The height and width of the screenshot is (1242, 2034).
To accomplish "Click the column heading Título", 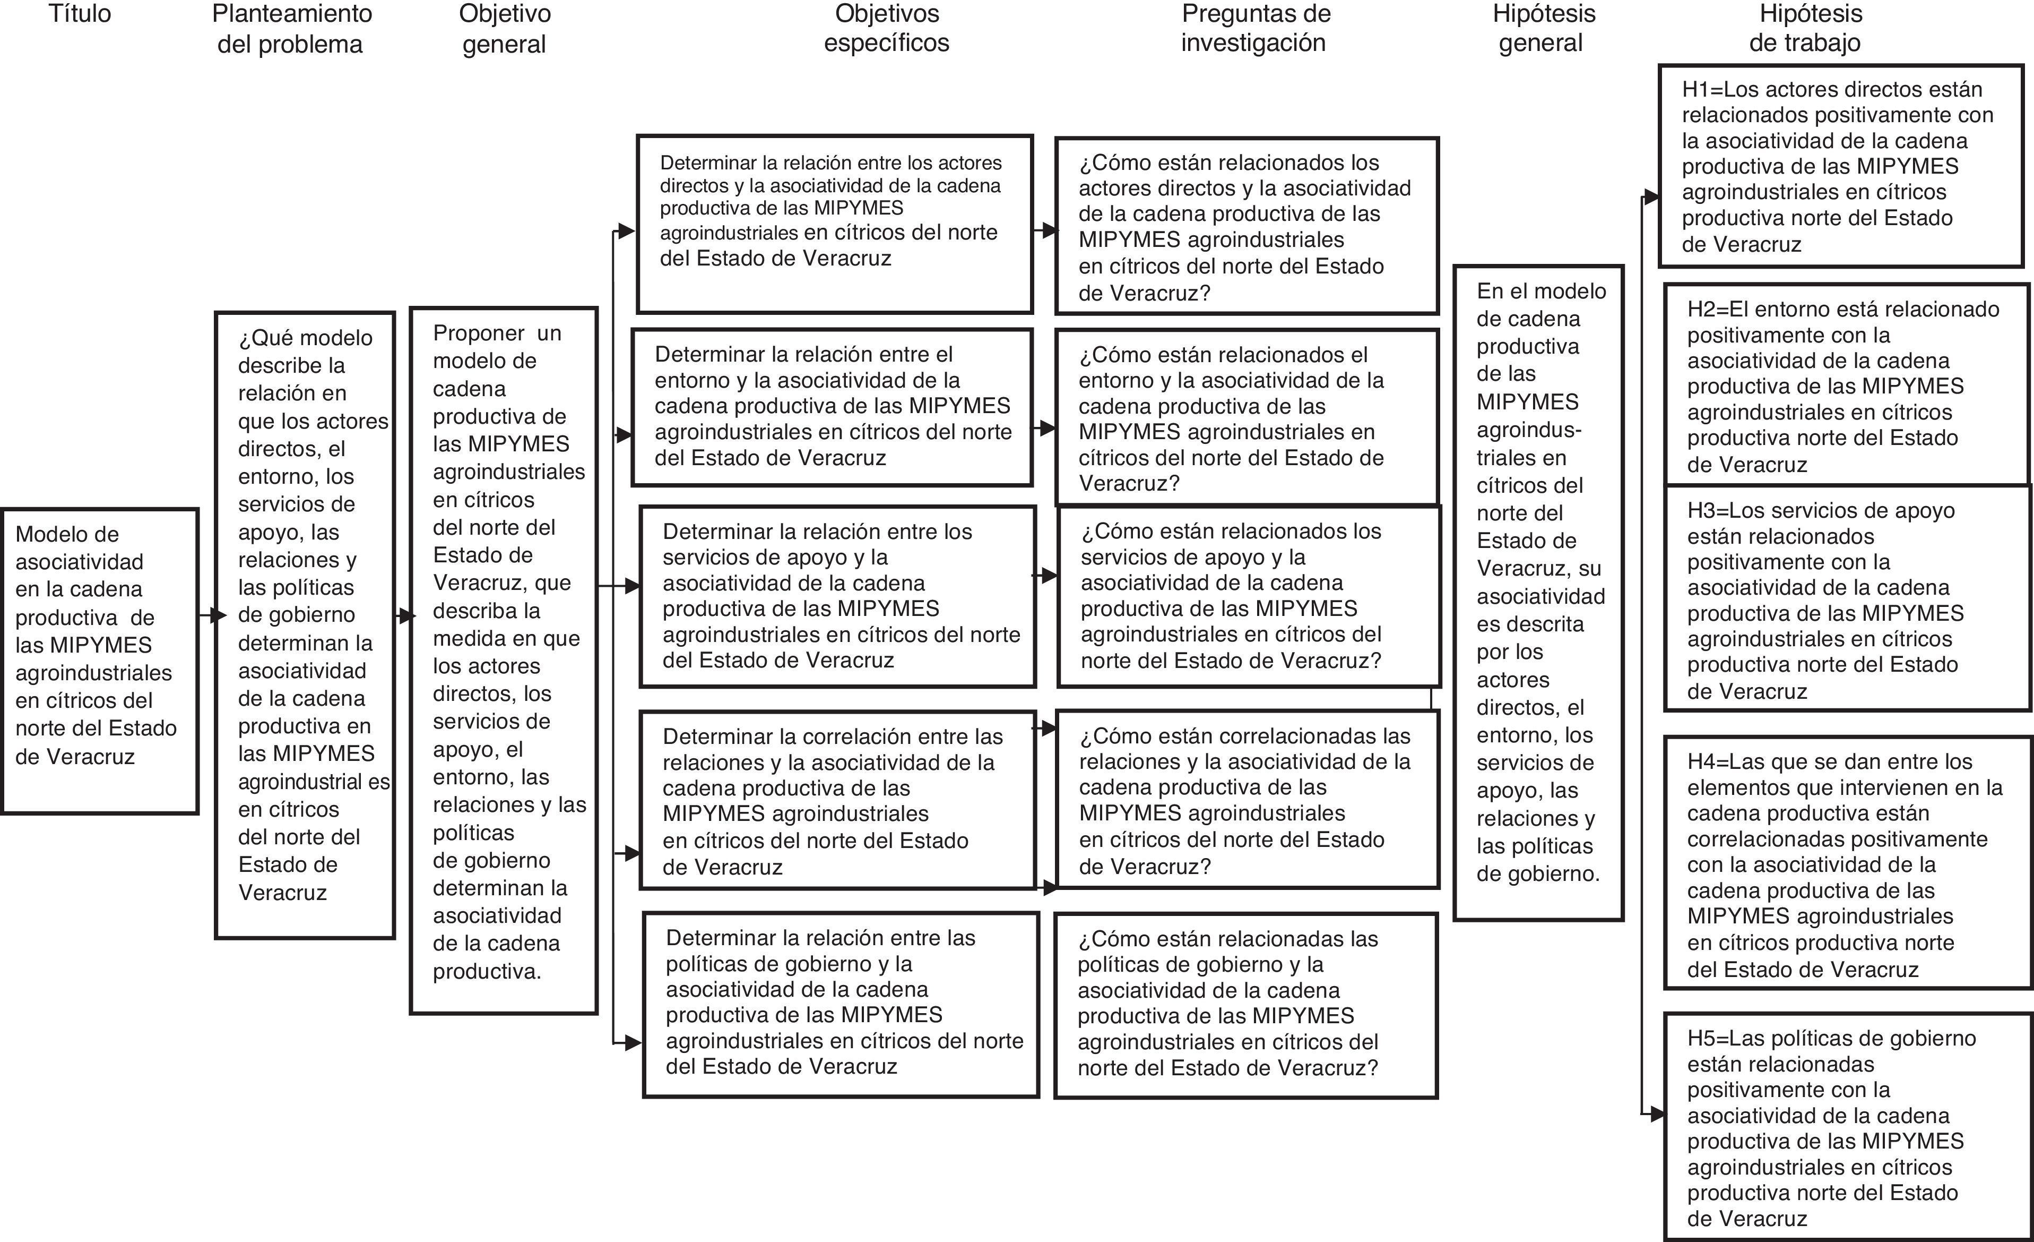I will click(x=79, y=14).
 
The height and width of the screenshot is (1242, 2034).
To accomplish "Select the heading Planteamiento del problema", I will click(x=291, y=29).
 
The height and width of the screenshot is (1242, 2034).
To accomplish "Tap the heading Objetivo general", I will click(x=504, y=29).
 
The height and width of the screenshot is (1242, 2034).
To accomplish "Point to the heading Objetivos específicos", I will click(x=887, y=28).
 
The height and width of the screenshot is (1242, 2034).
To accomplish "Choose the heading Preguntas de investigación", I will click(x=1255, y=28).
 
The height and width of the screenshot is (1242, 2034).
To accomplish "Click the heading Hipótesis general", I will click(x=1543, y=28).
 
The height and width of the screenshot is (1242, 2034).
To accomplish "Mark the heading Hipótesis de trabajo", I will click(x=1805, y=28).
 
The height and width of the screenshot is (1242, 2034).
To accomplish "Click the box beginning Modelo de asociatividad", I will click(x=99, y=661).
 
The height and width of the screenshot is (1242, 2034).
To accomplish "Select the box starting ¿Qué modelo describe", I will click(x=305, y=624).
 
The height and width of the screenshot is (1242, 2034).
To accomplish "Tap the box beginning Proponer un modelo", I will click(x=504, y=660).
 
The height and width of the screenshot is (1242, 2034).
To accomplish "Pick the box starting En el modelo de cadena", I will click(x=1538, y=592).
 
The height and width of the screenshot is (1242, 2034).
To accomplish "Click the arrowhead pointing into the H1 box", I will click(x=1652, y=196).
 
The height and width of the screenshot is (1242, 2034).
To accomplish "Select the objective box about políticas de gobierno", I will click(x=841, y=1004).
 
